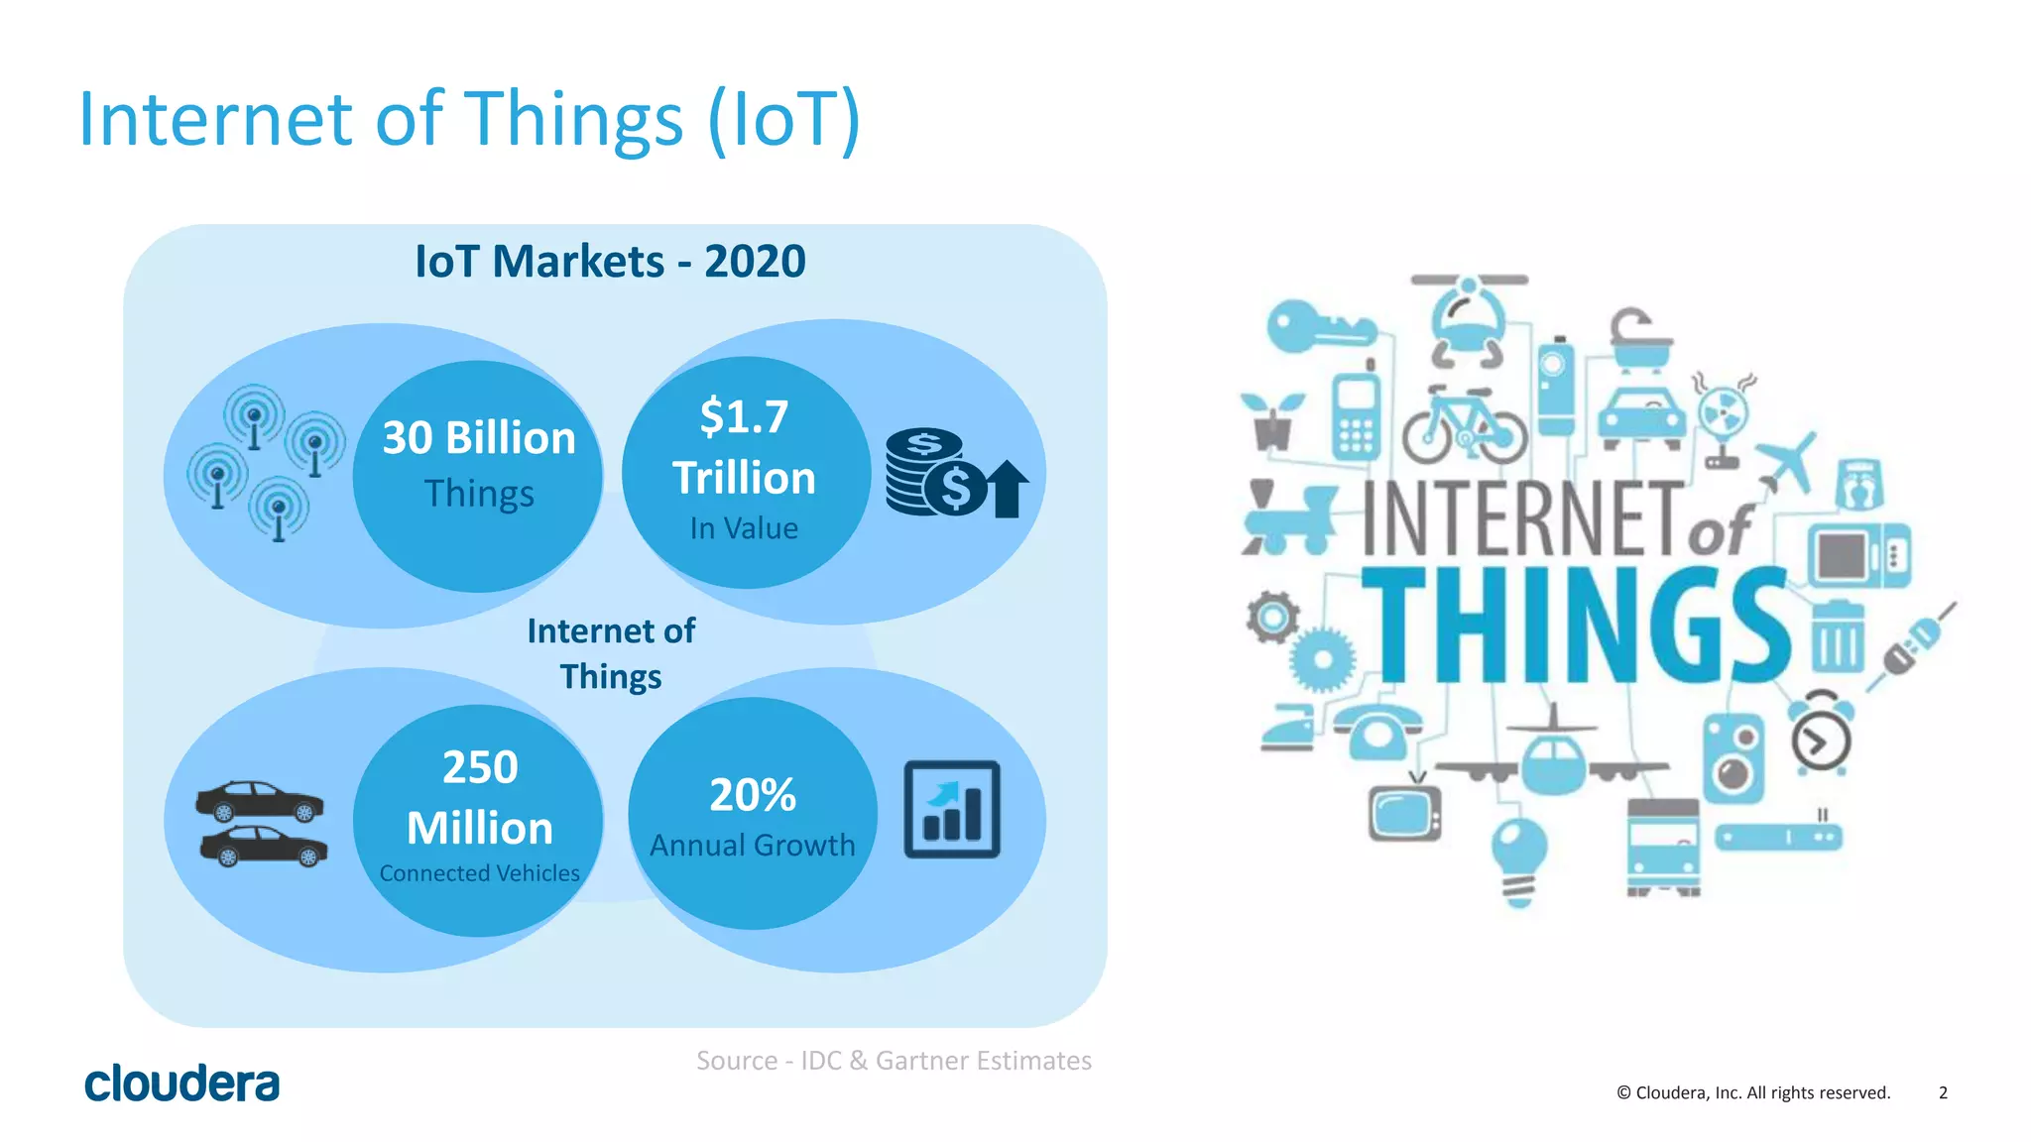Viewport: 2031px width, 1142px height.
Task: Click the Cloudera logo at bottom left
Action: click(x=181, y=1084)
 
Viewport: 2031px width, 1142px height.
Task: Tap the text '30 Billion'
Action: click(x=479, y=438)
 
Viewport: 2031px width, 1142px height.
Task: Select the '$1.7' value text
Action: click(x=744, y=416)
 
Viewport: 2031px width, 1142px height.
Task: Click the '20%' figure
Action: click(x=752, y=795)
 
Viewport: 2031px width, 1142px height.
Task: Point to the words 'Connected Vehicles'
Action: click(x=479, y=873)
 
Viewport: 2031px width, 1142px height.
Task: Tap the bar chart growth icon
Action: click(x=951, y=809)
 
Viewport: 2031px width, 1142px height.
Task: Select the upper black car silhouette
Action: click(x=260, y=801)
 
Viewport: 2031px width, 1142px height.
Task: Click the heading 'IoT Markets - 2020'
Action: click(x=610, y=262)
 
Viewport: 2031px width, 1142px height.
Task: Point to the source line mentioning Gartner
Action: click(x=894, y=1061)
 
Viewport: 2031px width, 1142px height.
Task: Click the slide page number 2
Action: click(x=1943, y=1092)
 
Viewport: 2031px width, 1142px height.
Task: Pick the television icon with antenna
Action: click(x=1404, y=810)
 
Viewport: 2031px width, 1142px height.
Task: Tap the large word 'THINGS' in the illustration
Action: click(x=1577, y=627)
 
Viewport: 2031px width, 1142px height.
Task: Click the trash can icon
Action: click(x=1838, y=636)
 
